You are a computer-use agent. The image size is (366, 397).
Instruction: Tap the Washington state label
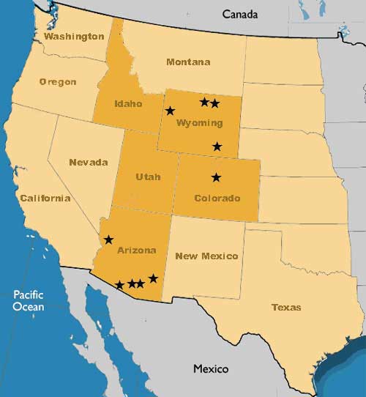tap(74, 36)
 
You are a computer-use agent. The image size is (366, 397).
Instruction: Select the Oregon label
tap(57, 81)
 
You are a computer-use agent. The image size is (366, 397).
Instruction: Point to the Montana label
tap(188, 62)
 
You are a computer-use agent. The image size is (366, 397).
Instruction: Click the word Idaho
tap(128, 104)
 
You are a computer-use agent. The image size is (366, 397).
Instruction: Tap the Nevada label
tap(89, 162)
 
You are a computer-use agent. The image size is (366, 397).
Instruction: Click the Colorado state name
tap(217, 198)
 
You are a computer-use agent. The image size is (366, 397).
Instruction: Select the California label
tap(45, 198)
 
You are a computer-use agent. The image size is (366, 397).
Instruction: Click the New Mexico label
tap(207, 256)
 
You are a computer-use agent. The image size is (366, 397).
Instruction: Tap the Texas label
tap(285, 307)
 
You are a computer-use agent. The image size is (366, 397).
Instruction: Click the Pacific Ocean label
tap(29, 300)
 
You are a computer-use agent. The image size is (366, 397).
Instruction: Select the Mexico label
tap(211, 368)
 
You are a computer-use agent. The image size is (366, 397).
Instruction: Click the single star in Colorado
tap(216, 177)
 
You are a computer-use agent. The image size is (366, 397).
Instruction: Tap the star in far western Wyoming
tap(171, 111)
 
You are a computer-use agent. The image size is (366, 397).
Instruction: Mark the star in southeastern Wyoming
tap(217, 146)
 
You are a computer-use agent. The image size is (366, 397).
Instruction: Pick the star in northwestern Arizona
tap(108, 240)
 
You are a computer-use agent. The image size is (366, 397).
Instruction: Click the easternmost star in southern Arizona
tap(153, 278)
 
